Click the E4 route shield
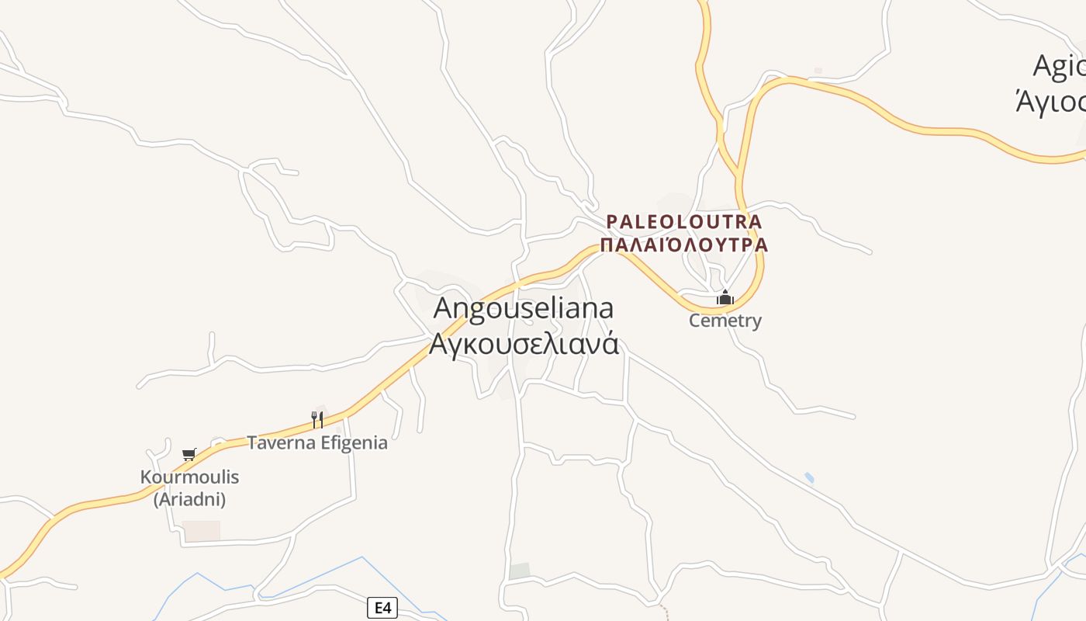coord(382,608)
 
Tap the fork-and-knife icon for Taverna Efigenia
coord(317,420)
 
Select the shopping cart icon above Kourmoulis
coord(188,454)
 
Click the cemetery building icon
coord(725,297)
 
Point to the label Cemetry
coord(725,321)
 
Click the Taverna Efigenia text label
coord(317,442)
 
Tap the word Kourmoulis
coord(189,477)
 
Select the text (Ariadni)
coord(189,499)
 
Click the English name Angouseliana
coord(523,307)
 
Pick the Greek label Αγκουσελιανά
coord(524,342)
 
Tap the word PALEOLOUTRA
coord(684,222)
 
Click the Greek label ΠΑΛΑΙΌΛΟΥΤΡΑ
coord(684,245)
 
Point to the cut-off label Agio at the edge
coord(1060,67)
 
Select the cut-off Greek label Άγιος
coord(1051,101)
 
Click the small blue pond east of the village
coord(809,477)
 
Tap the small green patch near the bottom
coord(520,571)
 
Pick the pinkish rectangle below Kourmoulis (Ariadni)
coord(201,531)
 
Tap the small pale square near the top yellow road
coord(817,71)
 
